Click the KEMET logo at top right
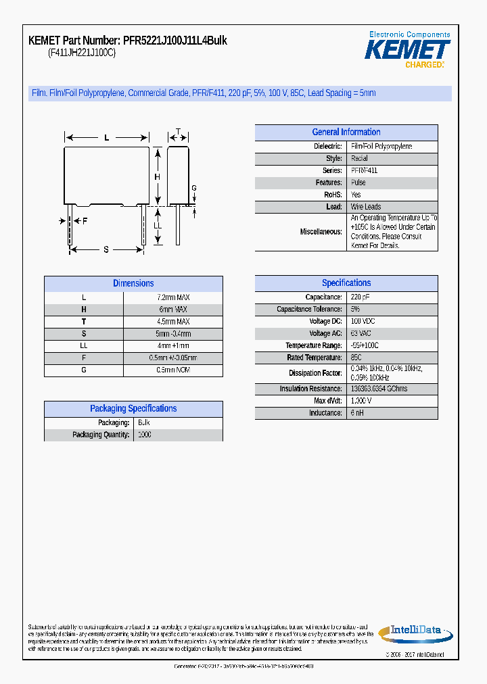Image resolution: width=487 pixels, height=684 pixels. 408,49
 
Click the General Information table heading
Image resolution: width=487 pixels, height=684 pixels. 346,132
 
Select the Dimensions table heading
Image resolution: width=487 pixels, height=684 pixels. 133,284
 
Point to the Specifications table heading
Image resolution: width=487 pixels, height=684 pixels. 346,283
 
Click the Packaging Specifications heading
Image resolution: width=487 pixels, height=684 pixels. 133,409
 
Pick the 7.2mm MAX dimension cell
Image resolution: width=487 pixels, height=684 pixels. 173,297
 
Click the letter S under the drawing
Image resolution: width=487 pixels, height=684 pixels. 106,249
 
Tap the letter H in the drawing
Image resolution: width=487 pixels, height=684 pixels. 157,177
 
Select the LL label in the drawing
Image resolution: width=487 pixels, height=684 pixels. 158,225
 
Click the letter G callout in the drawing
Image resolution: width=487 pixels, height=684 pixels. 194,188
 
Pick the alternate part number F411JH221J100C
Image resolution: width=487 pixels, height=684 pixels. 82,53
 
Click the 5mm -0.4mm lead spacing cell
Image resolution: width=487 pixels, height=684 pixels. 173,334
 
